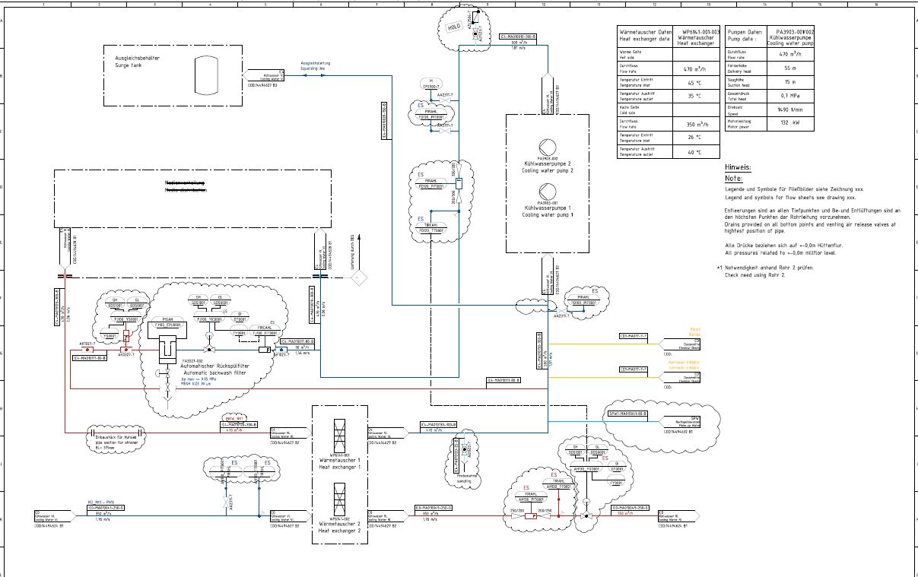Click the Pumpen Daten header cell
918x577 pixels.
[x=745, y=35]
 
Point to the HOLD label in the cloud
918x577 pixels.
[x=454, y=27]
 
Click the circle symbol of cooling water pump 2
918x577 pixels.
[x=547, y=147]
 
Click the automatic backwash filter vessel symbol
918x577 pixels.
[x=167, y=350]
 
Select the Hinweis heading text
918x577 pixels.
[x=738, y=167]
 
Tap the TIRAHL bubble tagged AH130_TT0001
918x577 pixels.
[x=558, y=484]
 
